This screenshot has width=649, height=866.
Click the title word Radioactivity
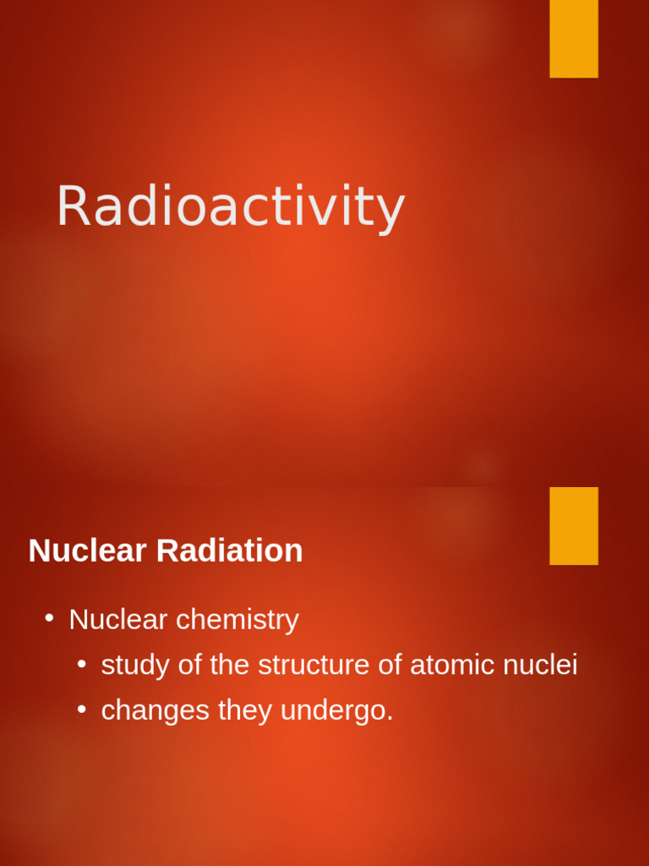[230, 206]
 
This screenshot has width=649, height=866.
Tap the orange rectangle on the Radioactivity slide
[574, 38]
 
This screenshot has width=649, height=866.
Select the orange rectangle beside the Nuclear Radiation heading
[574, 525]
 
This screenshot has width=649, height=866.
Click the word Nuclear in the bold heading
[88, 551]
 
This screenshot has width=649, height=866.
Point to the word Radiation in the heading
[230, 551]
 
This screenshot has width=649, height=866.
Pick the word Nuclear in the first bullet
[118, 619]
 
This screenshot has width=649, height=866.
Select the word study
[135, 666]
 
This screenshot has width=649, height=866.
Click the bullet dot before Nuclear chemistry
[50, 618]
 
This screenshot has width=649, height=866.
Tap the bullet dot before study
[82, 664]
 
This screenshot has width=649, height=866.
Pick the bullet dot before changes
[82, 710]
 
